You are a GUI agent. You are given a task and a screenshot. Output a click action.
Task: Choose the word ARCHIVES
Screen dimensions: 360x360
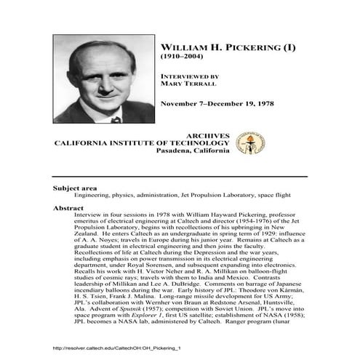(209, 135)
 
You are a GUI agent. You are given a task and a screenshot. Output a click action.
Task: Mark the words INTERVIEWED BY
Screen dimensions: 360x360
(188, 74)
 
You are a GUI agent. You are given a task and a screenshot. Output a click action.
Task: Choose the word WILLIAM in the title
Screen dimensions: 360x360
(180, 46)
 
